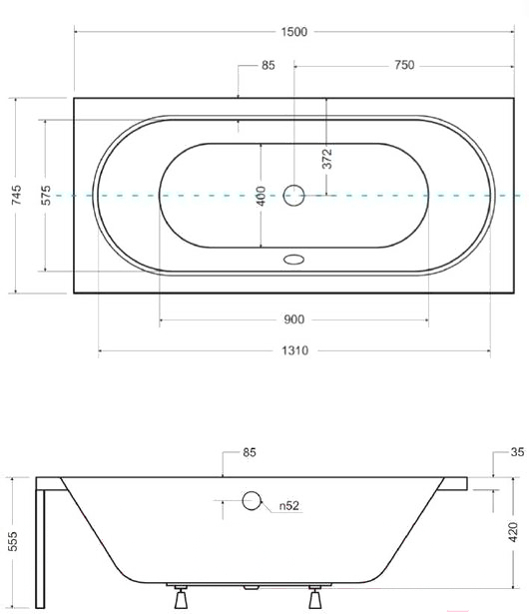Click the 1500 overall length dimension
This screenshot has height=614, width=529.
(294, 32)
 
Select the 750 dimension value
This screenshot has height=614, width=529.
(404, 65)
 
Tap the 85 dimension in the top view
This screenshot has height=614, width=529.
(268, 65)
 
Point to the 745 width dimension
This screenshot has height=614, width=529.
(16, 195)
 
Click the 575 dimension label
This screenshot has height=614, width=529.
(46, 195)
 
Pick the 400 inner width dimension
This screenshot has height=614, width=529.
(261, 196)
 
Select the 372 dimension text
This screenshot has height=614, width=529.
(327, 159)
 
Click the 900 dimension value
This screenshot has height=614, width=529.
(293, 319)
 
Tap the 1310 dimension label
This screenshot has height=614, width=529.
(294, 350)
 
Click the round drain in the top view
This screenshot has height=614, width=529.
(293, 196)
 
